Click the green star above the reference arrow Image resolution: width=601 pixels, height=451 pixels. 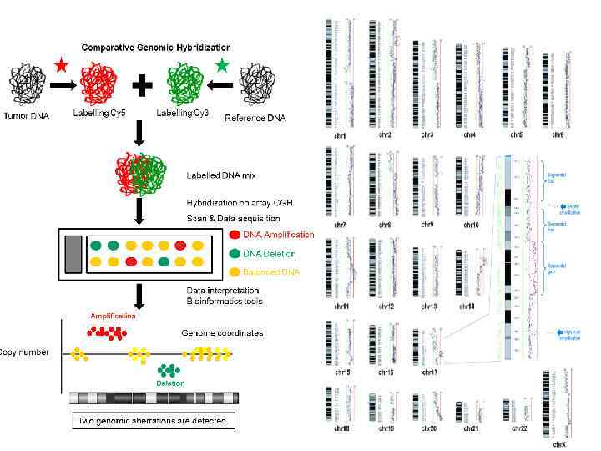point(222,63)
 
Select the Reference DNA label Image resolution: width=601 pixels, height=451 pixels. point(255,118)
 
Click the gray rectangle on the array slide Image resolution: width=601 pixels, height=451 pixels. point(73,254)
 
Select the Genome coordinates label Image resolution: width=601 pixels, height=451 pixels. point(222,333)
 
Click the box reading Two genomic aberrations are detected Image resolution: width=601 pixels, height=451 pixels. point(152,420)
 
